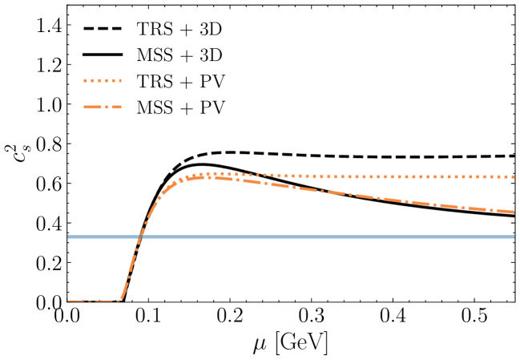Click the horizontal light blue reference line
[x=320, y=237]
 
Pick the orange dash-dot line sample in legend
[x=105, y=107]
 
